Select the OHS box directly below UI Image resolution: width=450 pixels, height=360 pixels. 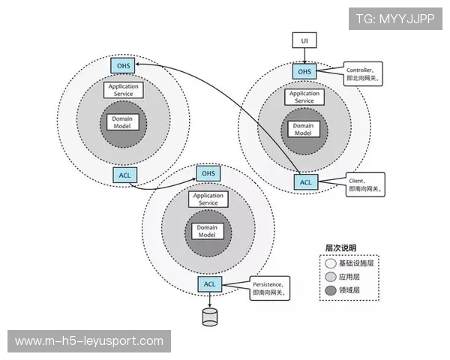[304, 71]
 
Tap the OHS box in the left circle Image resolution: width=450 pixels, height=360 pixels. [123, 65]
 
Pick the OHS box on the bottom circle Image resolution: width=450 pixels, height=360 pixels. [208, 173]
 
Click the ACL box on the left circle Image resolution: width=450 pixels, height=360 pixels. [124, 175]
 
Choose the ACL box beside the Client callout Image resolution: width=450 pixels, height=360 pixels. [305, 181]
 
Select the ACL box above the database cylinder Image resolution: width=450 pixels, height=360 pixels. [209, 283]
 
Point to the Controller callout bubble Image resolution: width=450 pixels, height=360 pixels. [364, 72]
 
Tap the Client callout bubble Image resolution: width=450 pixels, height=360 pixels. [365, 185]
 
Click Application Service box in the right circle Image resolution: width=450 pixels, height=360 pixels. [304, 97]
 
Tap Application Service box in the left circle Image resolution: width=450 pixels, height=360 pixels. [123, 90]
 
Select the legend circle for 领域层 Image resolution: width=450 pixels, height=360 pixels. [331, 290]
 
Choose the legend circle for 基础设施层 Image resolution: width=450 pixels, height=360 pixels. [331, 263]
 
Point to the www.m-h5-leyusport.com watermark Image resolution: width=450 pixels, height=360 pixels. [89, 341]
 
